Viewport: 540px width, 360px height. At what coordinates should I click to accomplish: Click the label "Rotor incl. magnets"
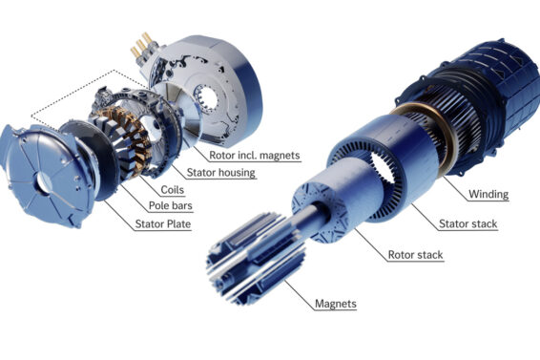tap(255, 155)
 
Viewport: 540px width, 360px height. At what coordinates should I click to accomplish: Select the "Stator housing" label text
tap(220, 173)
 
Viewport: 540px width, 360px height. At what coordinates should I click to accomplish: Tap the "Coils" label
tap(172, 190)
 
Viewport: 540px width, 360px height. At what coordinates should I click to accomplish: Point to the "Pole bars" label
tap(171, 206)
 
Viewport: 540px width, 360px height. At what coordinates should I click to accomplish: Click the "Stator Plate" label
tap(163, 224)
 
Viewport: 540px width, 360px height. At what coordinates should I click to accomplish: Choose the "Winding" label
tap(488, 195)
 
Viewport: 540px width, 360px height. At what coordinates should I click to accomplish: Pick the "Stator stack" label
tap(468, 224)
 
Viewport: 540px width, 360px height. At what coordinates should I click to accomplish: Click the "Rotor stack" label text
tap(415, 255)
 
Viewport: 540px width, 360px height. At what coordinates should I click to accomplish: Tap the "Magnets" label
tap(336, 304)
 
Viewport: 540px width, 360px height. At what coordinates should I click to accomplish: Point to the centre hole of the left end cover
tap(44, 182)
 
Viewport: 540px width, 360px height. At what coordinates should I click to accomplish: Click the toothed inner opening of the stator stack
tap(383, 168)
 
